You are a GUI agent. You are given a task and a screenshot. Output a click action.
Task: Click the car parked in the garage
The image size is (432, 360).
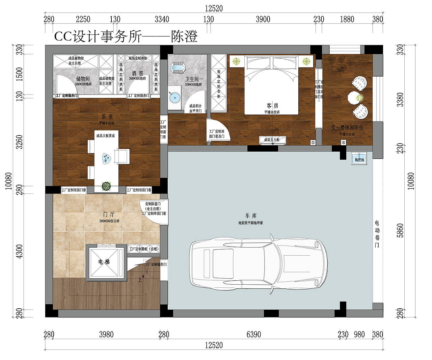(258, 263)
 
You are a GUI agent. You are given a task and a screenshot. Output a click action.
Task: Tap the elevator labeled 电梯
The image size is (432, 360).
(104, 262)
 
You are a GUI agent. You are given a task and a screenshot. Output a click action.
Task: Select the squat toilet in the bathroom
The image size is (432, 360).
(178, 68)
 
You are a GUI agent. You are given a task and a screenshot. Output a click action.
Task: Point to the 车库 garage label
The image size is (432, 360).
(251, 215)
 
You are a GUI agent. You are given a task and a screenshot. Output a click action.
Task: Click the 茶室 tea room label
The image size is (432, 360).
(107, 117)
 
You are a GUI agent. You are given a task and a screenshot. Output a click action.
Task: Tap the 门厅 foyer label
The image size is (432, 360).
(109, 214)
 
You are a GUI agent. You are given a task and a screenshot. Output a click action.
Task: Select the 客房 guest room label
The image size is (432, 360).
(272, 106)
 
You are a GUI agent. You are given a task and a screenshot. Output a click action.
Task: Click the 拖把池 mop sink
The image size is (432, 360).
(359, 159)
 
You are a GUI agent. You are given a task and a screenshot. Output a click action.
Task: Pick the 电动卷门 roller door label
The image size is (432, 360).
(377, 234)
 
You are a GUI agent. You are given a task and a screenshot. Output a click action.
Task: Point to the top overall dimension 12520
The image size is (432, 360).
(214, 8)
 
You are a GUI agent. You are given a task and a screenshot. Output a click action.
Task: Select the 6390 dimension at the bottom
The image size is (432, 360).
(253, 334)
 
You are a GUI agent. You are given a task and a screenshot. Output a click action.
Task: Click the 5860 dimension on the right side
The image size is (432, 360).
(400, 230)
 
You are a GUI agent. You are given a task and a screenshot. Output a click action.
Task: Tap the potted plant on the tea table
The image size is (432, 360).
(106, 186)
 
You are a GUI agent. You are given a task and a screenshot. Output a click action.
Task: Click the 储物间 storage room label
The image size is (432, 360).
(83, 79)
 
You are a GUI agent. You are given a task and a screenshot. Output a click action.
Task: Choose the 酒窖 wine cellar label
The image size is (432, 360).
(137, 73)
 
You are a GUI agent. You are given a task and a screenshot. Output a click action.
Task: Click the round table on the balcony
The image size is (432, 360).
(355, 98)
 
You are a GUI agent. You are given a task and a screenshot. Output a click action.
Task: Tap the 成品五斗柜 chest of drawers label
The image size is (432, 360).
(272, 140)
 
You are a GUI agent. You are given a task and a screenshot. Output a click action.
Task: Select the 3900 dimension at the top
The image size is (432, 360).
(263, 19)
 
